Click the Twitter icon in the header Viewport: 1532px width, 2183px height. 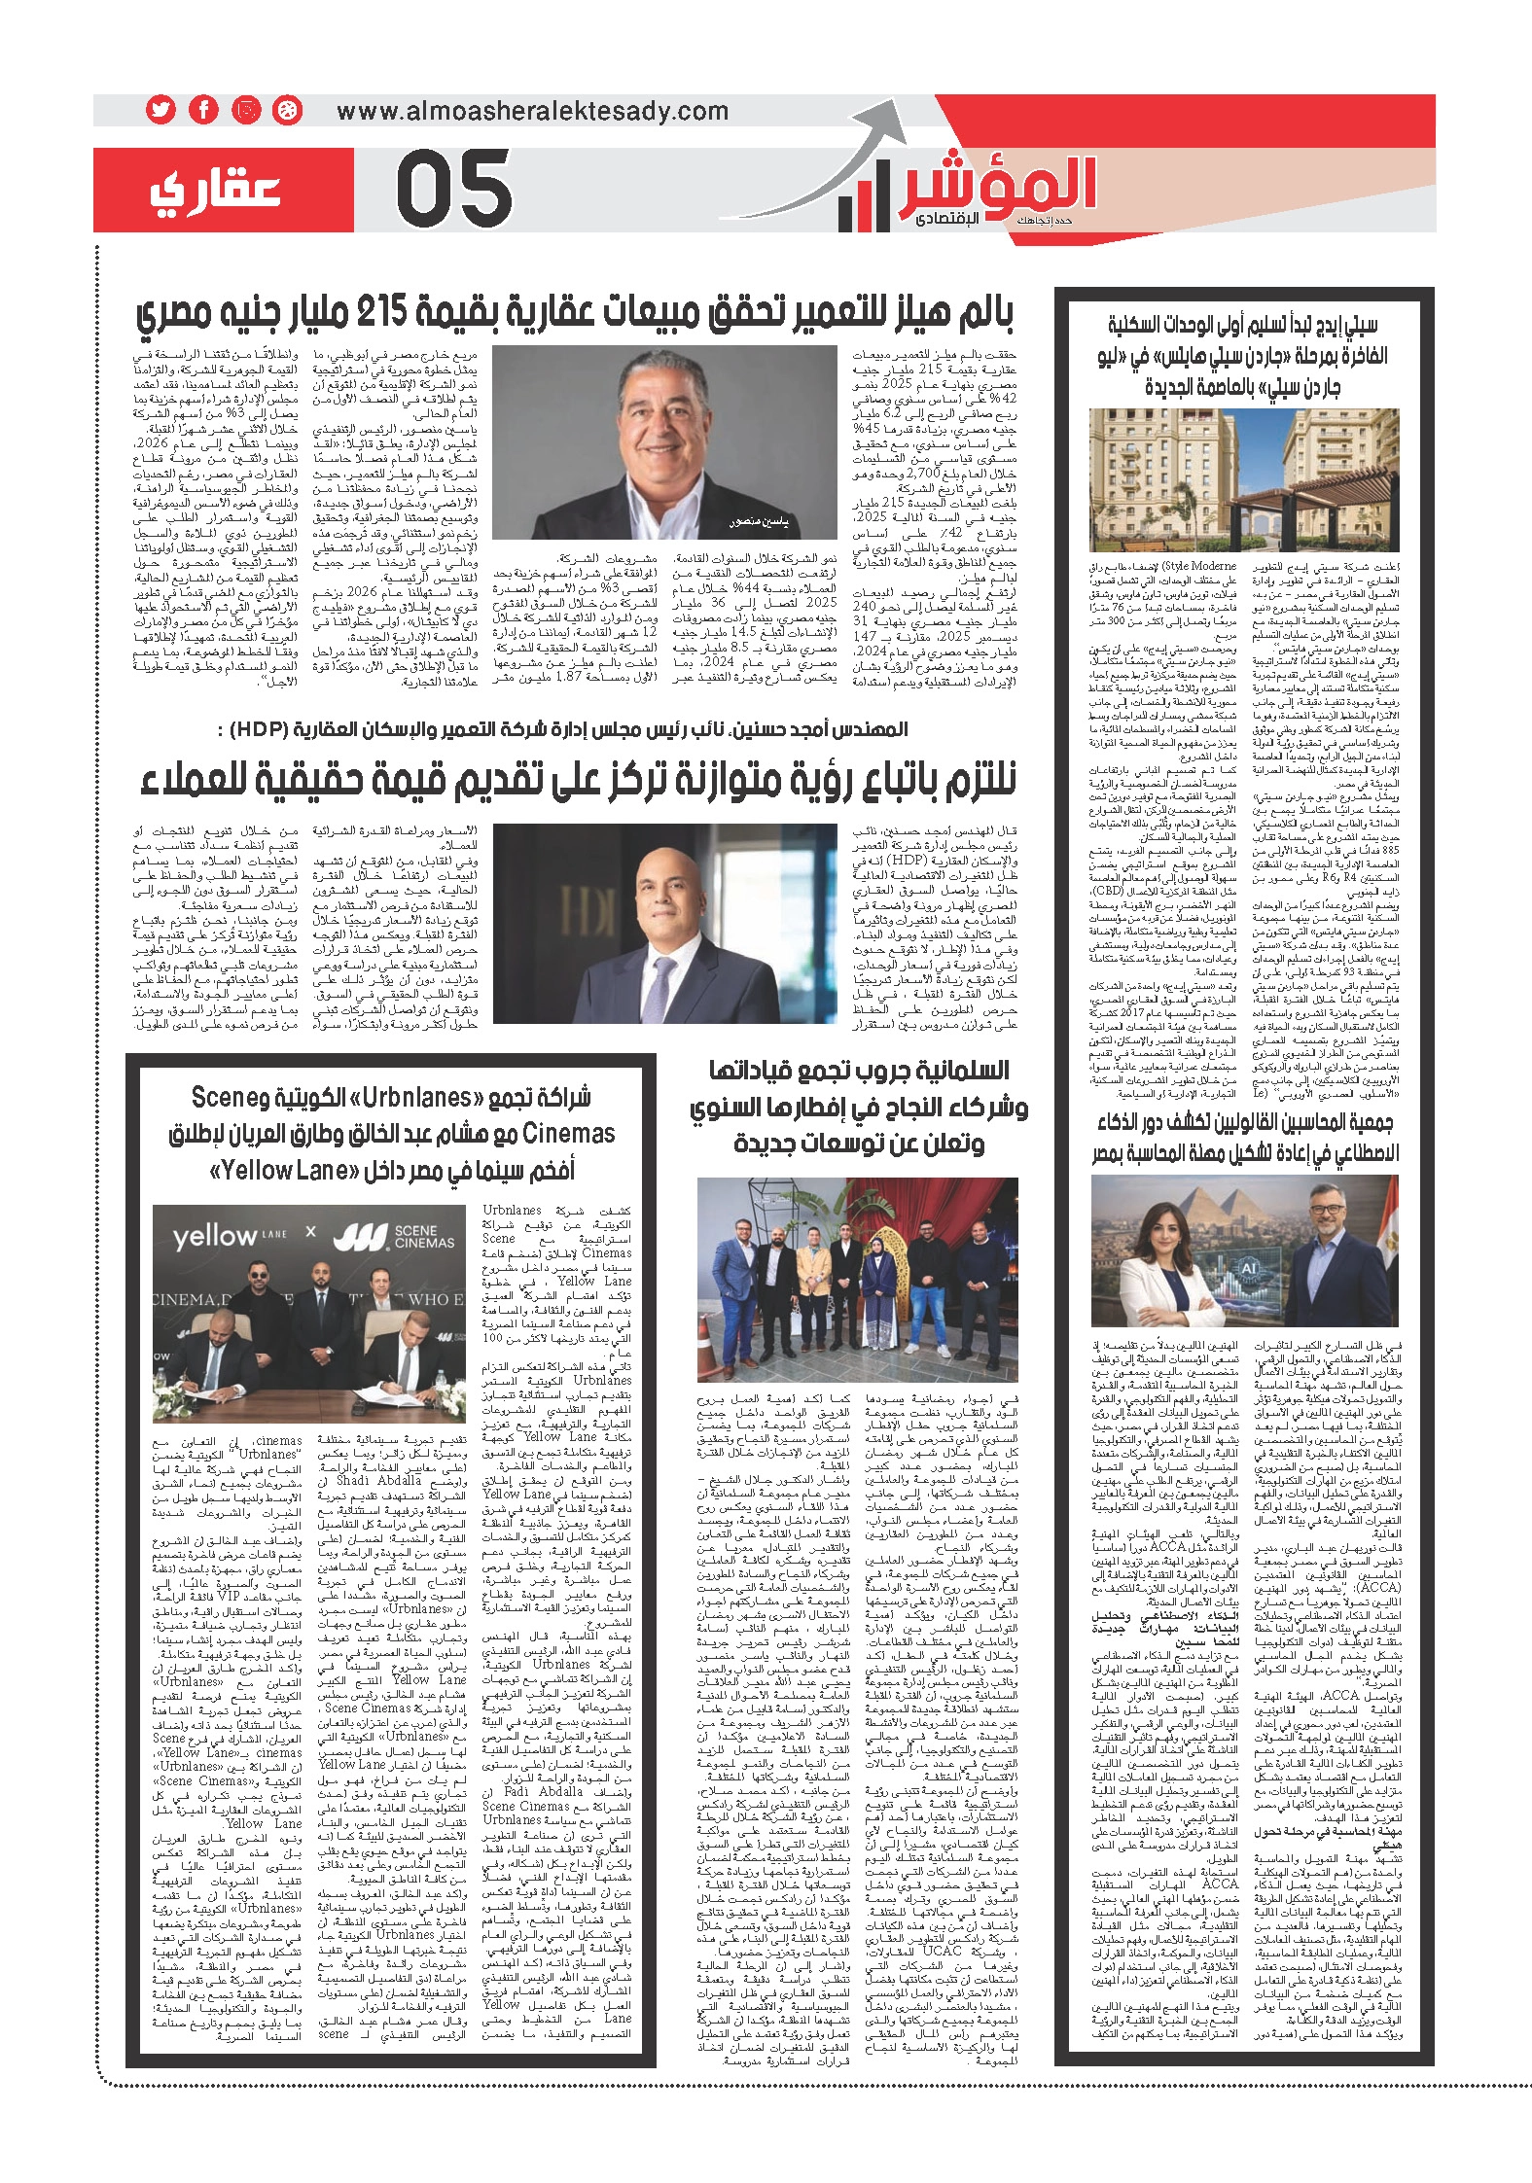[x=159, y=110]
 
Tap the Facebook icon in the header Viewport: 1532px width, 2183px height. [x=202, y=110]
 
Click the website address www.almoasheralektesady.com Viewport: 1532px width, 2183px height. [x=532, y=111]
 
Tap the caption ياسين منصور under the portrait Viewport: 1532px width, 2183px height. [x=759, y=523]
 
